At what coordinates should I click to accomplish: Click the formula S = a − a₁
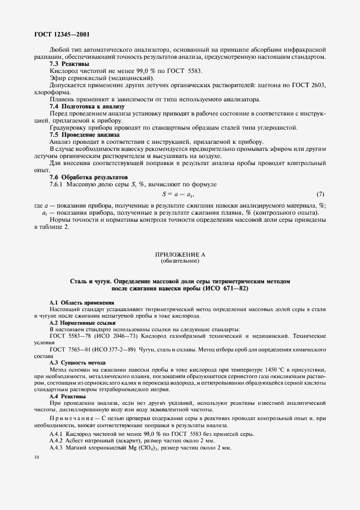coord(179,194)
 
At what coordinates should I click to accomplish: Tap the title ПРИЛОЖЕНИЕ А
coord(180,254)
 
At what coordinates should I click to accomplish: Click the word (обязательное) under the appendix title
coord(180,261)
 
